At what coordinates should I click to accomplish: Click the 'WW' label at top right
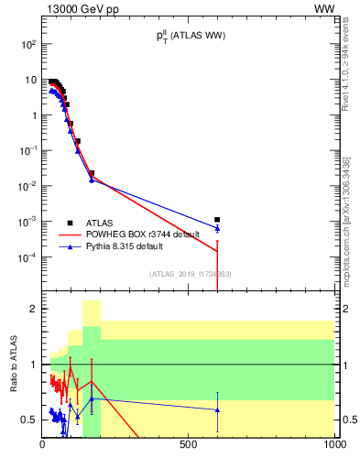324,9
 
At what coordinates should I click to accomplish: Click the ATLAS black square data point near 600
217,220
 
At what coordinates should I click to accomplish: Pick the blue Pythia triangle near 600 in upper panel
217,228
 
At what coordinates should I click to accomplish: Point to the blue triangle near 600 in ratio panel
217,409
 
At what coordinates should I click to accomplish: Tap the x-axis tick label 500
189,445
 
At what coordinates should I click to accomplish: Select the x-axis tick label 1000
333,445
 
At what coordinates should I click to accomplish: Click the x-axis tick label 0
43,445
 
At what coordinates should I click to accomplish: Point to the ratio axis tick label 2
33,309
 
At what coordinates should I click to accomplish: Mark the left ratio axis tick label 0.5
28,420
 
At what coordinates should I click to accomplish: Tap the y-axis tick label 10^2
28,44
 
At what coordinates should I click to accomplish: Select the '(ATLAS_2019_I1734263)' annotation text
189,273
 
